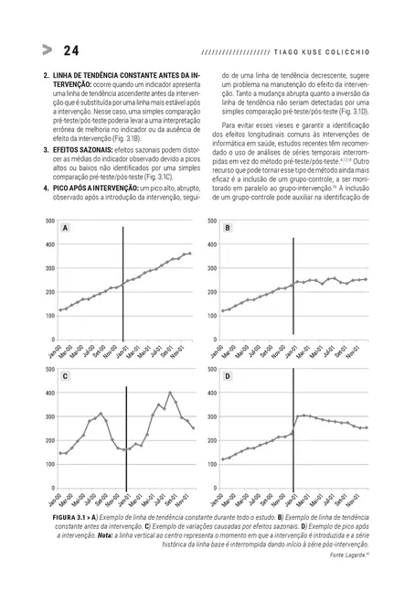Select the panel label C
tap(66, 376)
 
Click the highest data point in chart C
tap(170, 394)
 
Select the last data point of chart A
tap(190, 253)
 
